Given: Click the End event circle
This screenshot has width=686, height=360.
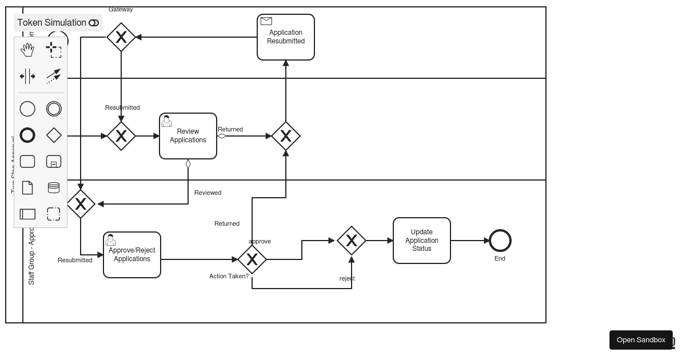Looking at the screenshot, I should click(x=500, y=241).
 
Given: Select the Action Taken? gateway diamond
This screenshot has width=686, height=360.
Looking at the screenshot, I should click(x=252, y=259).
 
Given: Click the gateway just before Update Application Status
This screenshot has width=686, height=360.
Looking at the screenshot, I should click(x=352, y=241).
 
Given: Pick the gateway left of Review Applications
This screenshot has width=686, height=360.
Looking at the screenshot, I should click(x=121, y=136).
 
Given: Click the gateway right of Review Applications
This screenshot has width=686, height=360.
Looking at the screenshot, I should click(x=286, y=136).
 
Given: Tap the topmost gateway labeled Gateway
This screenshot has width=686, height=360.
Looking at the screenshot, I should click(x=121, y=37).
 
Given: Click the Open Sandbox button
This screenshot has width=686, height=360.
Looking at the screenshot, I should click(x=641, y=340).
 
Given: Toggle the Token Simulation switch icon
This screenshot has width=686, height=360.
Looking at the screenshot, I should click(x=94, y=23).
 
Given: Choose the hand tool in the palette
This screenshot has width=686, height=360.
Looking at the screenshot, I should click(x=27, y=50).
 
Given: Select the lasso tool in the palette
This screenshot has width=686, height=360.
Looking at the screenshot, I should click(x=54, y=50).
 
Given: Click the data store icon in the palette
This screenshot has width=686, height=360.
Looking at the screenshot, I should click(x=54, y=187).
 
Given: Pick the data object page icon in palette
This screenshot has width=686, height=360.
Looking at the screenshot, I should click(x=27, y=187).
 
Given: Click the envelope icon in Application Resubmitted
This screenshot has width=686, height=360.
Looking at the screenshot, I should click(x=266, y=21).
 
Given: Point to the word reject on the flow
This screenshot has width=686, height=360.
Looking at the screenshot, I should click(x=347, y=278).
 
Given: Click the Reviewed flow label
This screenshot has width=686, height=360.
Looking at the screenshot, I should click(x=208, y=193).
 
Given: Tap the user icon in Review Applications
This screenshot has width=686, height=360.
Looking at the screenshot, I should click(x=167, y=121).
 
